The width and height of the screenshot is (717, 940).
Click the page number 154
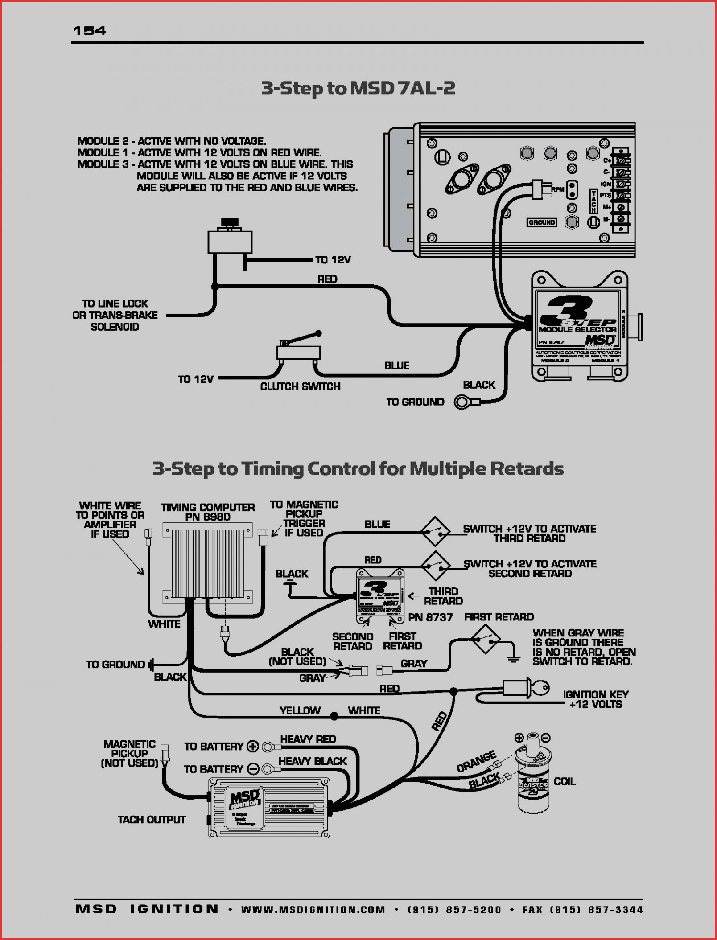pos(89,30)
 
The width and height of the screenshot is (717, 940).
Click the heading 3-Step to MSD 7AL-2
pos(358,88)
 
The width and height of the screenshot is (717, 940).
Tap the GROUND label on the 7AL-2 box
pos(541,222)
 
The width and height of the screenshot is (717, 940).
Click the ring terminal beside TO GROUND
pos(462,402)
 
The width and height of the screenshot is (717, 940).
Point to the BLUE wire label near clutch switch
pos(396,365)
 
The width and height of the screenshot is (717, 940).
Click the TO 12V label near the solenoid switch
pos(333,260)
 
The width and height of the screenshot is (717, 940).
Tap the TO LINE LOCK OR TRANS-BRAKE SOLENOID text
pos(115,315)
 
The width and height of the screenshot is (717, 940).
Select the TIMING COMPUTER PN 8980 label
pos(207,512)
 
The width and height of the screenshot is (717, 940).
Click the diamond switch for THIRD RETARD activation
pos(435,531)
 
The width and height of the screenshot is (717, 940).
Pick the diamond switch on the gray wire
pos(485,639)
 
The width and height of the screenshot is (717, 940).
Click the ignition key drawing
pos(531,688)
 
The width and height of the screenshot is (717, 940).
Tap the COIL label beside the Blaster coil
pos(564,781)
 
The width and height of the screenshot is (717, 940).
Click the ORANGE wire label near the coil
pos(476,761)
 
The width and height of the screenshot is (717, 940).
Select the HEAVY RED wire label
pos(308,739)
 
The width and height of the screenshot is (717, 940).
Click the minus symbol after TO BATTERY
pos(253,769)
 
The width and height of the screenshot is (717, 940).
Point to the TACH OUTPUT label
pos(152,820)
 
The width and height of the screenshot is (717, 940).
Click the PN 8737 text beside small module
pos(430,617)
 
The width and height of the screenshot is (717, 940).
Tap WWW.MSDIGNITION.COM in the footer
pos(313,910)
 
